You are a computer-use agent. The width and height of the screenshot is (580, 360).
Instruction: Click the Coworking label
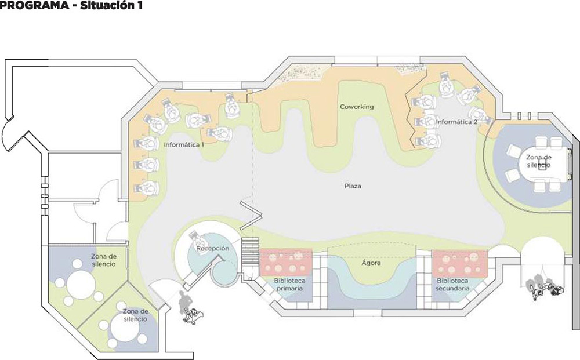[x=357, y=107]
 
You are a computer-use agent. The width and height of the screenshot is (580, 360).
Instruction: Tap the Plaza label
[x=353, y=186]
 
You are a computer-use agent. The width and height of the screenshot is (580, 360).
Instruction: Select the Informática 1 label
[x=184, y=145]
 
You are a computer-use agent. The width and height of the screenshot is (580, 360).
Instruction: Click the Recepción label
[x=212, y=248]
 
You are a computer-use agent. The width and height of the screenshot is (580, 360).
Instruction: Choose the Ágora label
[x=371, y=263]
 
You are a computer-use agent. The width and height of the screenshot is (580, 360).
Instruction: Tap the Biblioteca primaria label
[x=289, y=284]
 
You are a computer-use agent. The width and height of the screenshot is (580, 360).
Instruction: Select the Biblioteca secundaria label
[x=452, y=284]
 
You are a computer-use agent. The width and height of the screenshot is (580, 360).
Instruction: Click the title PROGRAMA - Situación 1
[x=71, y=5]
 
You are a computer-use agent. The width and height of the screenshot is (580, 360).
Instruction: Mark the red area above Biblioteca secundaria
[x=460, y=264]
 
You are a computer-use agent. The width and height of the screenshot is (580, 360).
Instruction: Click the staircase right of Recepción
[x=251, y=256]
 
